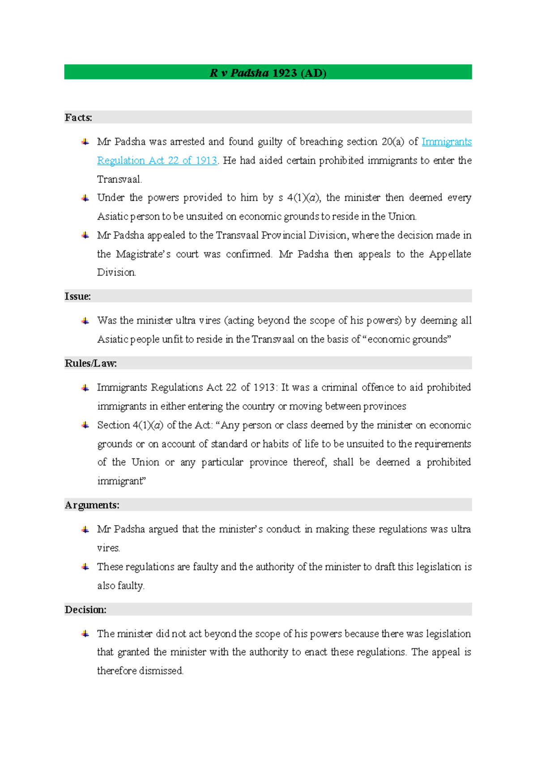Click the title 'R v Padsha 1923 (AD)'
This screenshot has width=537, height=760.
[268, 73]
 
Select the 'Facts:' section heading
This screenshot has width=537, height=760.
[78, 118]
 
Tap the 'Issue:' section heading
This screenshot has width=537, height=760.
[77, 296]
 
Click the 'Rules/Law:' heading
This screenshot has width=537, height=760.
[90, 363]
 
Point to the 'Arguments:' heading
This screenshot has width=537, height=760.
[92, 505]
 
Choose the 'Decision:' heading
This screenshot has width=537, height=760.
[85, 609]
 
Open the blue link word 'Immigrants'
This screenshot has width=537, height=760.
[446, 142]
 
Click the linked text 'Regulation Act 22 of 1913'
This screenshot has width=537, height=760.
[157, 160]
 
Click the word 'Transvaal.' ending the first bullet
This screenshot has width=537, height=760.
[119, 179]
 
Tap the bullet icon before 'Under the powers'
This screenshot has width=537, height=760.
[85, 198]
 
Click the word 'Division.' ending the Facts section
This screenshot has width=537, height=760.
[116, 272]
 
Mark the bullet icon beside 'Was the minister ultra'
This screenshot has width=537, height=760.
[85, 320]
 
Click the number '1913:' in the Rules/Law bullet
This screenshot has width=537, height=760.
[265, 387]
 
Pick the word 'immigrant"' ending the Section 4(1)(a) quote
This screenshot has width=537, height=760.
[121, 481]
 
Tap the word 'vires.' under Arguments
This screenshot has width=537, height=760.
[108, 548]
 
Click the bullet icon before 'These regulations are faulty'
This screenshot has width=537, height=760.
[85, 567]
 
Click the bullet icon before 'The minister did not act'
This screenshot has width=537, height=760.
[85, 634]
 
